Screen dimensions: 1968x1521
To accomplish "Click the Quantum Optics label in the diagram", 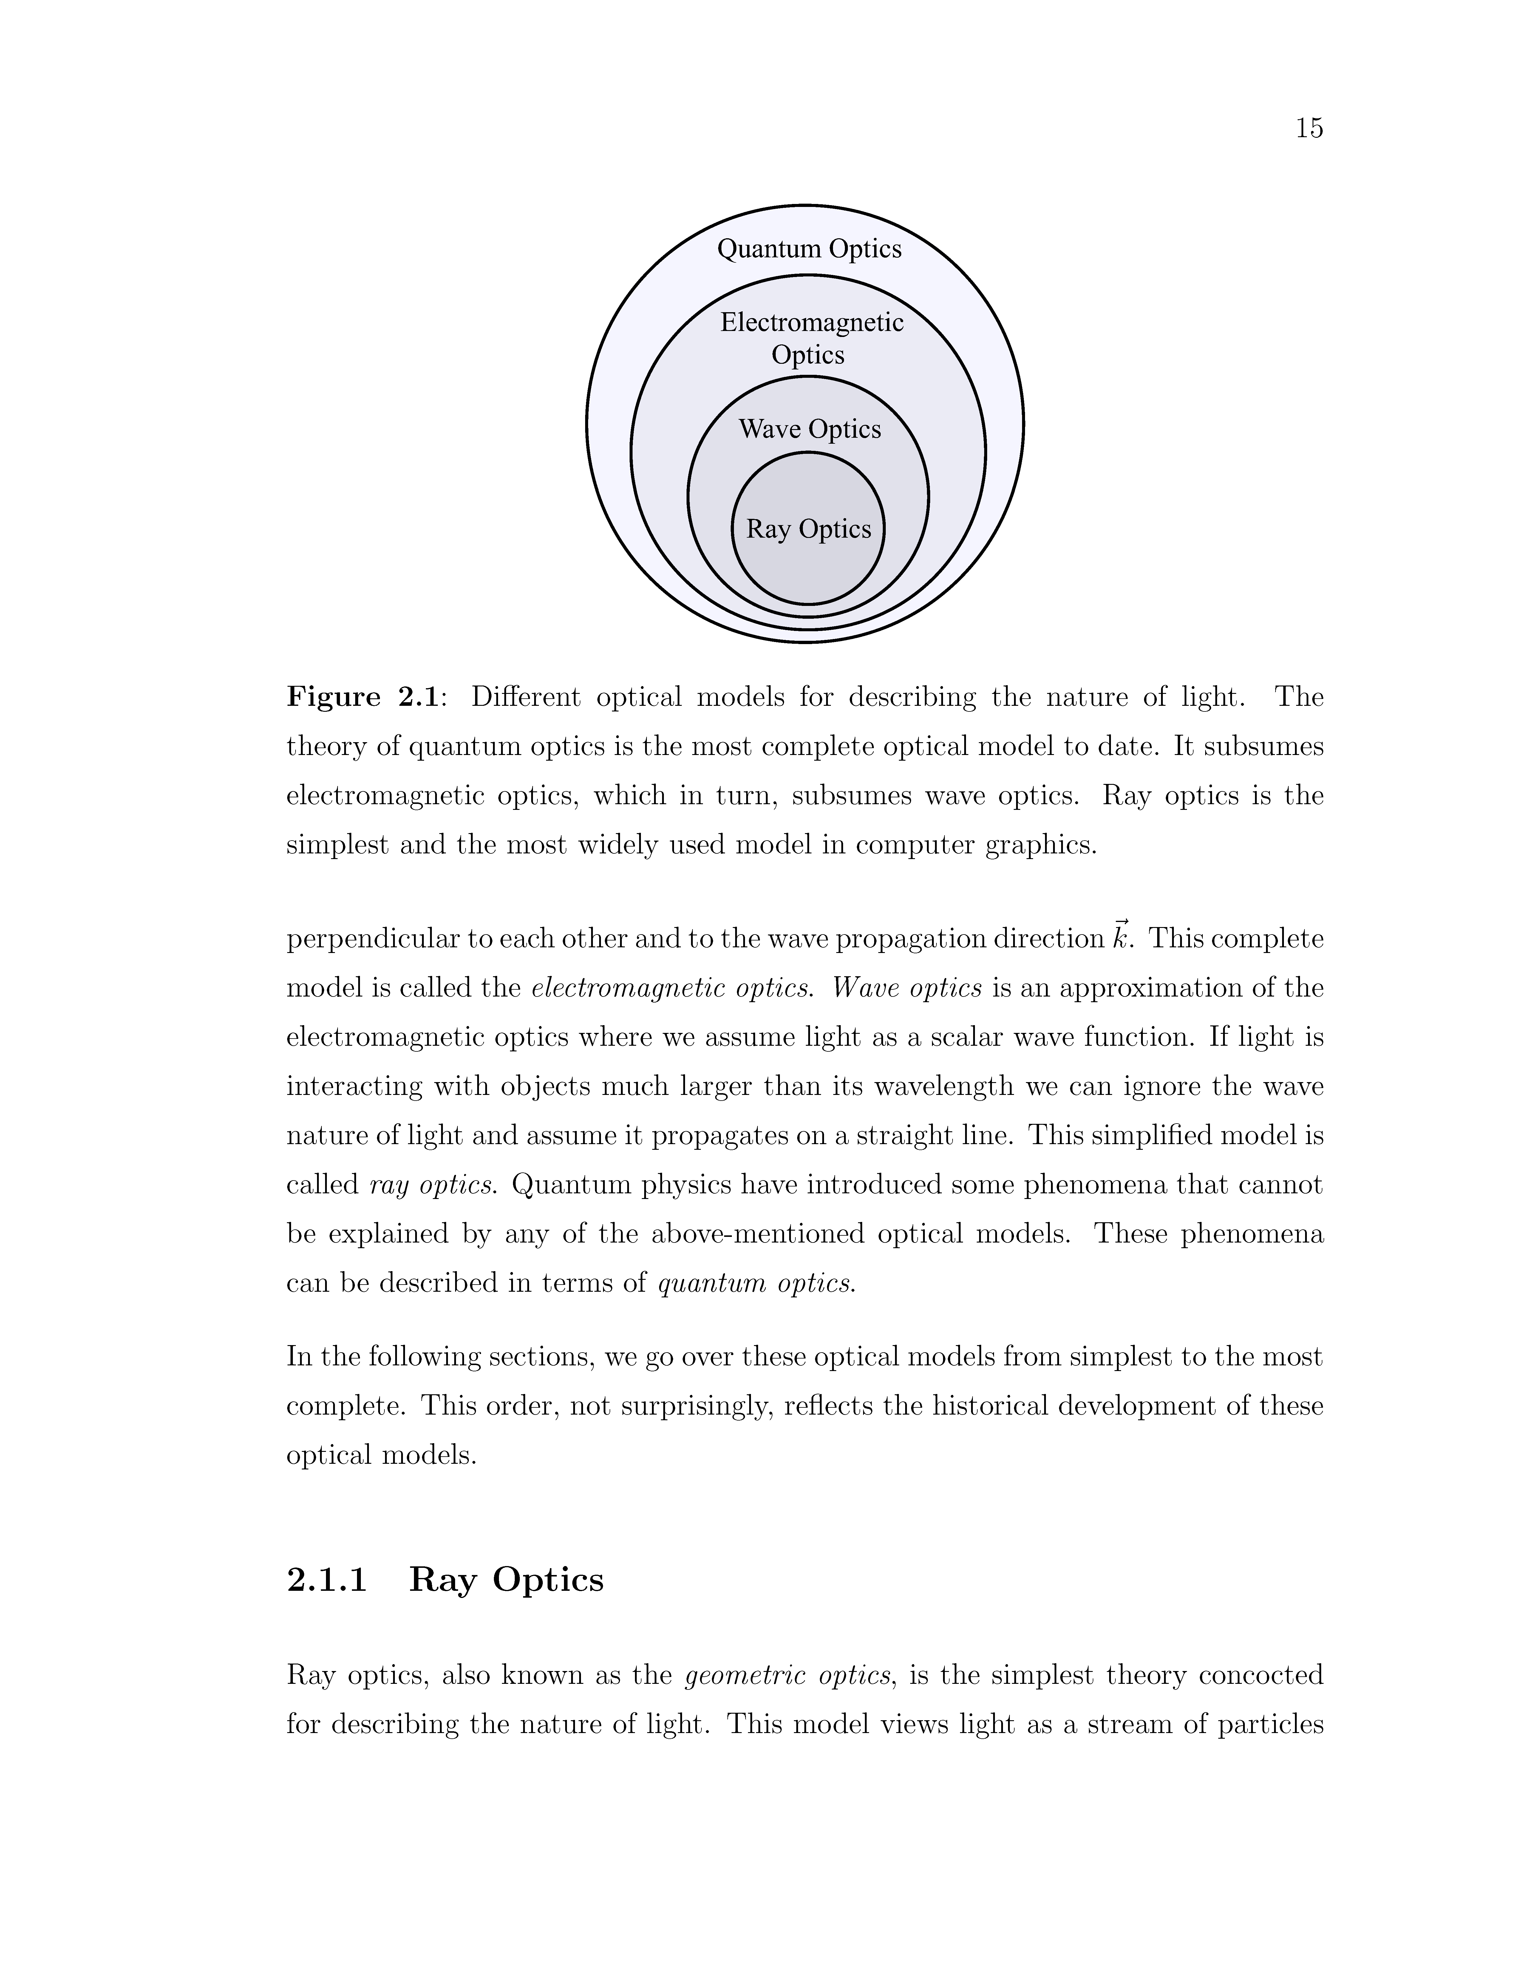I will point(808,249).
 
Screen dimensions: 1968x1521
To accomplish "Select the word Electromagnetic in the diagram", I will point(811,323).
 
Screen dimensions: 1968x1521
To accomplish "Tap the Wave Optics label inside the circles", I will point(809,429).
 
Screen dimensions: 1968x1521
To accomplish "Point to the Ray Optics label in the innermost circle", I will point(808,529).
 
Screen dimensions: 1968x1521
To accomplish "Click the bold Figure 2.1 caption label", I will point(362,697).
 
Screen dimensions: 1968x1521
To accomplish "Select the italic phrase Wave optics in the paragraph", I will point(906,988).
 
